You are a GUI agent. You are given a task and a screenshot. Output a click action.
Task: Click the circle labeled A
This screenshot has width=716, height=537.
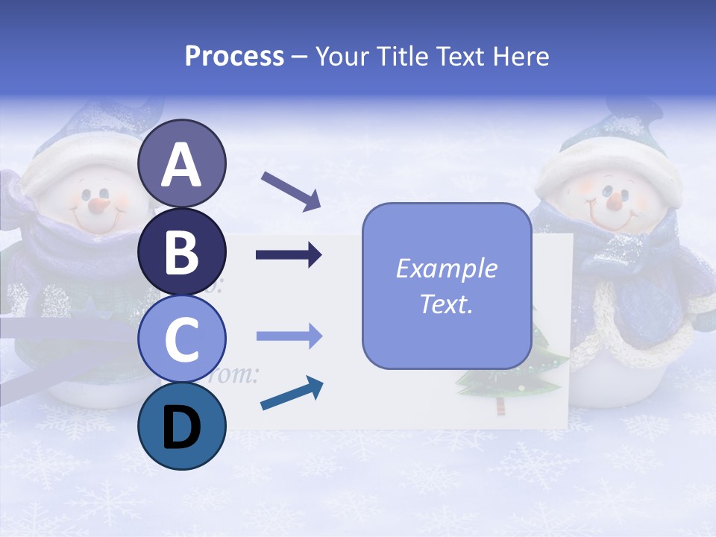tap(181, 163)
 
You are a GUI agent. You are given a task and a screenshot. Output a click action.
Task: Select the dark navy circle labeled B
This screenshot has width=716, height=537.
tap(181, 251)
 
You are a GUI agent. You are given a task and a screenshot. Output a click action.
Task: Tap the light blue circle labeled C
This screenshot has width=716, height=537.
tap(181, 339)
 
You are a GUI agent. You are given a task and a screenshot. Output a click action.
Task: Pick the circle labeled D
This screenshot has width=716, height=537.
tap(181, 427)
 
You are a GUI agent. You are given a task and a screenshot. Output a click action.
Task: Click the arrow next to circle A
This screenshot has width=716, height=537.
tap(290, 190)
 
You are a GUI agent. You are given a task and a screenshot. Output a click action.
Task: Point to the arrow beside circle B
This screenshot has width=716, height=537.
tap(289, 256)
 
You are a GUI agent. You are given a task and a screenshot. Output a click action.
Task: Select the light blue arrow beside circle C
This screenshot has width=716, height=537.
tap(289, 336)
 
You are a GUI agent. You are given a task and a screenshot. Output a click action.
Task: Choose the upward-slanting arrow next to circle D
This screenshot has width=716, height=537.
tap(292, 394)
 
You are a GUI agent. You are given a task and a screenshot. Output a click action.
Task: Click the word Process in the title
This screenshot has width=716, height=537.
tap(234, 56)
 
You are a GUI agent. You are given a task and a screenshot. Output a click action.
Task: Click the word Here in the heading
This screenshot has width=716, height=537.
tap(522, 56)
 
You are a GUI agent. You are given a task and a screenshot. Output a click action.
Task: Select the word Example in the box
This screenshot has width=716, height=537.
tap(446, 268)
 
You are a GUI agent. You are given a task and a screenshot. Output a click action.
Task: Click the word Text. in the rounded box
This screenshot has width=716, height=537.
tap(446, 304)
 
